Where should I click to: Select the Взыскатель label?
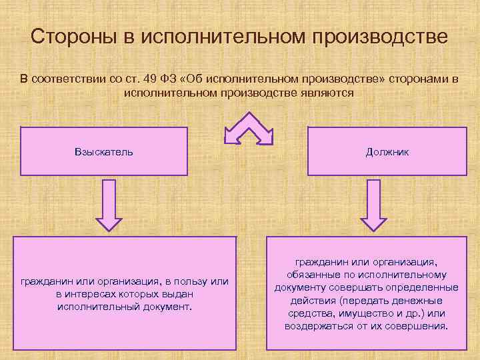click(x=104, y=151)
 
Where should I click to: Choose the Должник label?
click(x=387, y=151)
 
